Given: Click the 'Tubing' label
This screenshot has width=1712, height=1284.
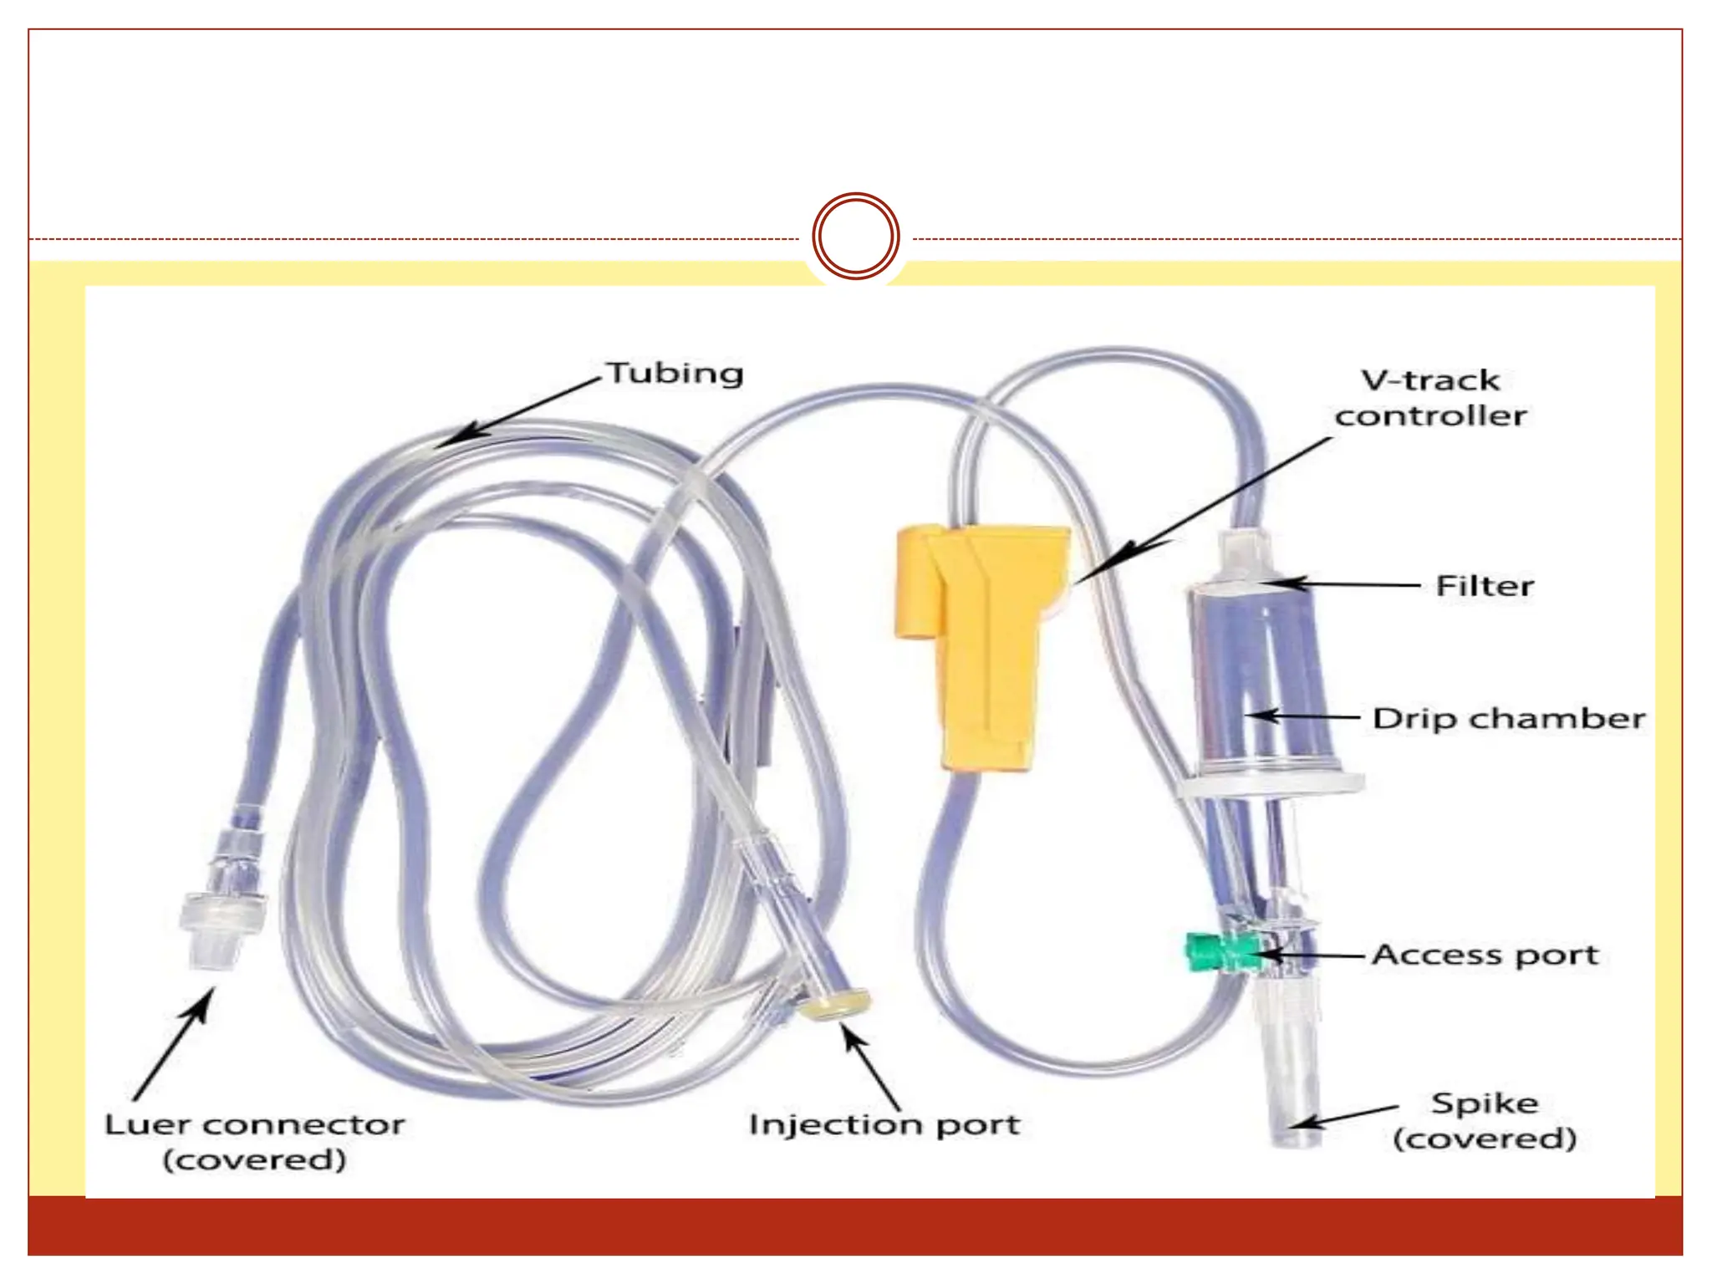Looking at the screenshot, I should pyautogui.click(x=675, y=373).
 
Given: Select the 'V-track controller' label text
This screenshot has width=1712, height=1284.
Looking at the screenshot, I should pyautogui.click(x=1430, y=398).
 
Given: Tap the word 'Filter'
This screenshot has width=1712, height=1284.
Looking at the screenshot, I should pyautogui.click(x=1485, y=585).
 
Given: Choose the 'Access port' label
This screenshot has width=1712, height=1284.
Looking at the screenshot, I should pyautogui.click(x=1485, y=955).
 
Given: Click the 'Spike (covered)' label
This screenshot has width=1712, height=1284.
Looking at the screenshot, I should pyautogui.click(x=1485, y=1120).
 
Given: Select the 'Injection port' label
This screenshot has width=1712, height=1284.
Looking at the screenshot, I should pyautogui.click(x=884, y=1124).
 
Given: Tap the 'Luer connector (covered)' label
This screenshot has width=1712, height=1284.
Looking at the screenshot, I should pyautogui.click(x=255, y=1142).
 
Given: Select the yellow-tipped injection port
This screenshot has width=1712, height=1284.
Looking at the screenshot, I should pyautogui.click(x=834, y=1004).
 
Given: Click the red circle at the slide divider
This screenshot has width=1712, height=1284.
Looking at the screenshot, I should pyautogui.click(x=855, y=237).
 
